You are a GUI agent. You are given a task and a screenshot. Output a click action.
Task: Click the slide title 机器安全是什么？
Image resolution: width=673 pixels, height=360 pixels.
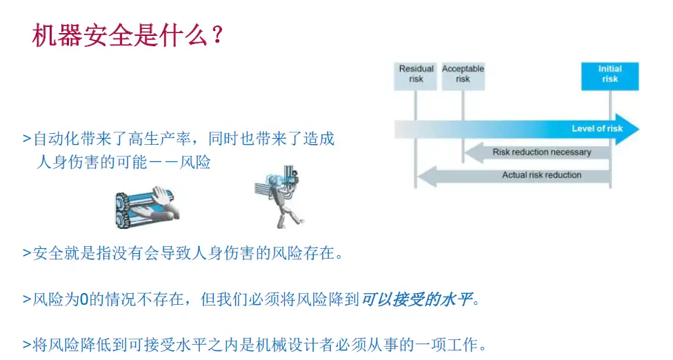click(128, 34)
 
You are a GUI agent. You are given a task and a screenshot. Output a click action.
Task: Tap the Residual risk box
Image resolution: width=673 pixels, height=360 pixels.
click(416, 76)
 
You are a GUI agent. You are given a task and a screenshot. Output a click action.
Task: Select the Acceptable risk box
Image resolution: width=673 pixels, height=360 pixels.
click(463, 76)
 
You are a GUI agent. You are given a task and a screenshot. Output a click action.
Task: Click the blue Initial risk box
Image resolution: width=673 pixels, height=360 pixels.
click(610, 76)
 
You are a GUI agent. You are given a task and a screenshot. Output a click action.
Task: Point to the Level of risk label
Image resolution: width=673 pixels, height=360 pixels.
click(597, 129)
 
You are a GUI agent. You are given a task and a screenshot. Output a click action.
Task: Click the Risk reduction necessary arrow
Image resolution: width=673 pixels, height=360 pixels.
click(538, 152)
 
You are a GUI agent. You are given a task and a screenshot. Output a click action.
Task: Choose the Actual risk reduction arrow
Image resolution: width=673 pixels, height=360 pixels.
click(514, 175)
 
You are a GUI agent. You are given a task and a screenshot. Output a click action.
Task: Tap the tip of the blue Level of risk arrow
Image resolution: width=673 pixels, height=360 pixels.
click(639, 129)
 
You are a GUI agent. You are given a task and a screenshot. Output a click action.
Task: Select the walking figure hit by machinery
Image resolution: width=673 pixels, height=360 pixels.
click(278, 197)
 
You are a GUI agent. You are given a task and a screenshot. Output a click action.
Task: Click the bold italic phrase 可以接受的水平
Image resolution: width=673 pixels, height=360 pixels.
click(416, 299)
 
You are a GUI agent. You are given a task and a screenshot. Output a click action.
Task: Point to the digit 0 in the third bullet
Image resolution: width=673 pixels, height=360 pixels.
click(84, 299)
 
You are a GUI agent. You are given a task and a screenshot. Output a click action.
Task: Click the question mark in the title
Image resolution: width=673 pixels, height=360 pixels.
click(218, 34)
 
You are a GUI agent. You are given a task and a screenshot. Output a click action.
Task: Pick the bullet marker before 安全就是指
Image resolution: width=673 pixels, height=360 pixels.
click(27, 253)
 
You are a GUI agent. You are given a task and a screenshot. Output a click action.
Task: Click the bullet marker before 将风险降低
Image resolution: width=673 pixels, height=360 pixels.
click(27, 345)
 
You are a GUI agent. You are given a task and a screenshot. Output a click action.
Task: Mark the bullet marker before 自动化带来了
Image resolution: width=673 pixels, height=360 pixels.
click(27, 139)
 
